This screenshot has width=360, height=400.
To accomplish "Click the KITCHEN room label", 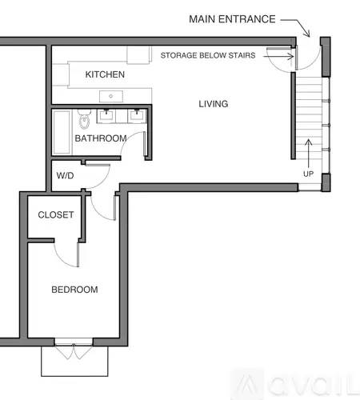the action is (105, 74).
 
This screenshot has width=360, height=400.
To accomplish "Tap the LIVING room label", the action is (214, 104).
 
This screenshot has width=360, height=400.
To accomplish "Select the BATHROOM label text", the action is (101, 138).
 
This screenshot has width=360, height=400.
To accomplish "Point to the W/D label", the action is (65, 175).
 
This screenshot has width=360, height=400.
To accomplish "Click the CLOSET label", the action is (56, 214).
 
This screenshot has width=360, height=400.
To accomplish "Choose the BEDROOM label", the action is (74, 290).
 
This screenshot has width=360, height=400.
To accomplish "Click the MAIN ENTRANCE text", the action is (232, 19).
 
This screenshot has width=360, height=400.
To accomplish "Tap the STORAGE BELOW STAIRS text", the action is (208, 55).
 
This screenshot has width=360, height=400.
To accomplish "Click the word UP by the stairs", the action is (308, 174).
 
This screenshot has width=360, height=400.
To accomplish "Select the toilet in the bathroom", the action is (85, 119).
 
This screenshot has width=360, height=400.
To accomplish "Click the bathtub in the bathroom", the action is (62, 133).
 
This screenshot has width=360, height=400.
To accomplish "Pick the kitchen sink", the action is (111, 96).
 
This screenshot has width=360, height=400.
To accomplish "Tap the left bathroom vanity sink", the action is (106, 116).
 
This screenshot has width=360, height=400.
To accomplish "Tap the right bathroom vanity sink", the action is (137, 116).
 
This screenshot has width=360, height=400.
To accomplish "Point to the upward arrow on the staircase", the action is (308, 154).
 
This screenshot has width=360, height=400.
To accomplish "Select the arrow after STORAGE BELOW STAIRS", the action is (278, 56).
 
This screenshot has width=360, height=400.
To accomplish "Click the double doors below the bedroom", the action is (74, 351).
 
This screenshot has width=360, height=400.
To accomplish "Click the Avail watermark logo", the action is (295, 384).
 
